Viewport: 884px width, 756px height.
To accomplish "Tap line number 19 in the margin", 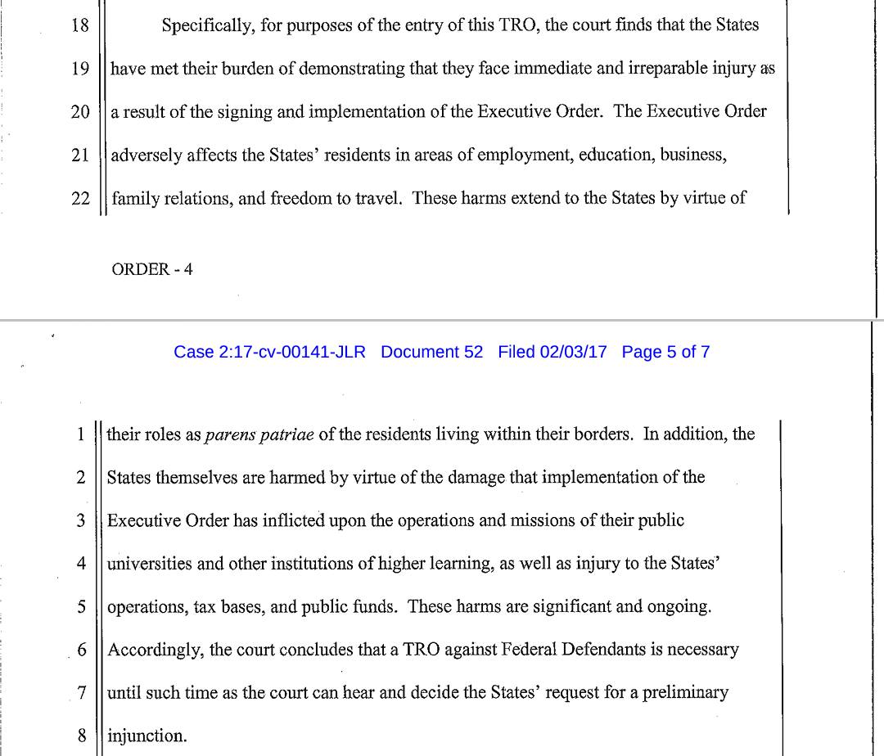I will (79, 69).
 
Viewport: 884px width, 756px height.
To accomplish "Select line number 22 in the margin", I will (79, 198).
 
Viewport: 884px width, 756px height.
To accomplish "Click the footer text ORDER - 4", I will (152, 270).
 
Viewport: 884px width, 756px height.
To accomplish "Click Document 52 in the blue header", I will (432, 352).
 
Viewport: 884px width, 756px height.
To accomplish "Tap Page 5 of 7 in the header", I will (665, 352).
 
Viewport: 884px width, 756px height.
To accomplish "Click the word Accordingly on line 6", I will (156, 650).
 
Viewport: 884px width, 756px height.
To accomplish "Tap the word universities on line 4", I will (147, 564).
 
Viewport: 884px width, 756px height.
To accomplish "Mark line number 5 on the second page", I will (81, 607).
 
